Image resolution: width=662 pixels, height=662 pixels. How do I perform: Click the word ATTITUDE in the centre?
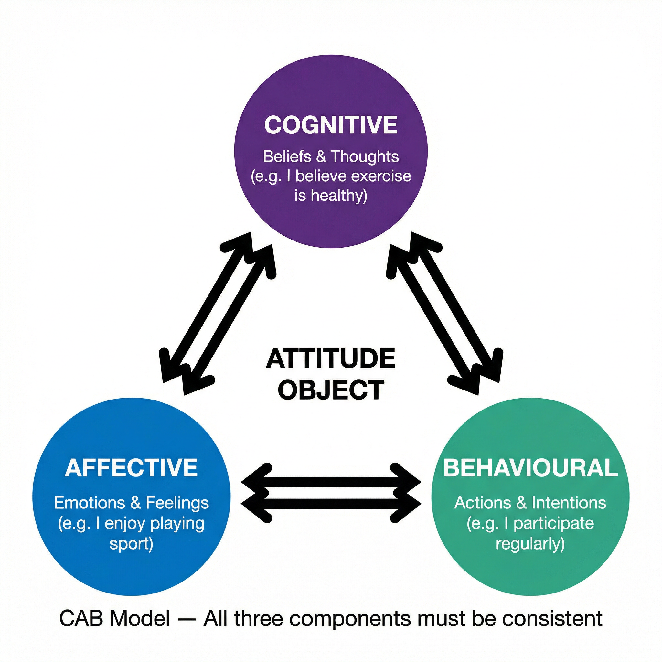(x=331, y=359)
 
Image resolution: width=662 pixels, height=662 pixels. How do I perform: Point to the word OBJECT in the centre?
(x=331, y=390)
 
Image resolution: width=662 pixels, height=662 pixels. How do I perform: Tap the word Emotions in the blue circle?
(x=90, y=503)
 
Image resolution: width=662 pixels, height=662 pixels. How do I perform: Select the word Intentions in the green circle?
(x=569, y=503)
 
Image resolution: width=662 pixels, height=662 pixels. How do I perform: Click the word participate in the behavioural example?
(x=554, y=523)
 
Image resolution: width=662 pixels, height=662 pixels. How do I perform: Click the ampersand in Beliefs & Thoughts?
(x=321, y=156)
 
